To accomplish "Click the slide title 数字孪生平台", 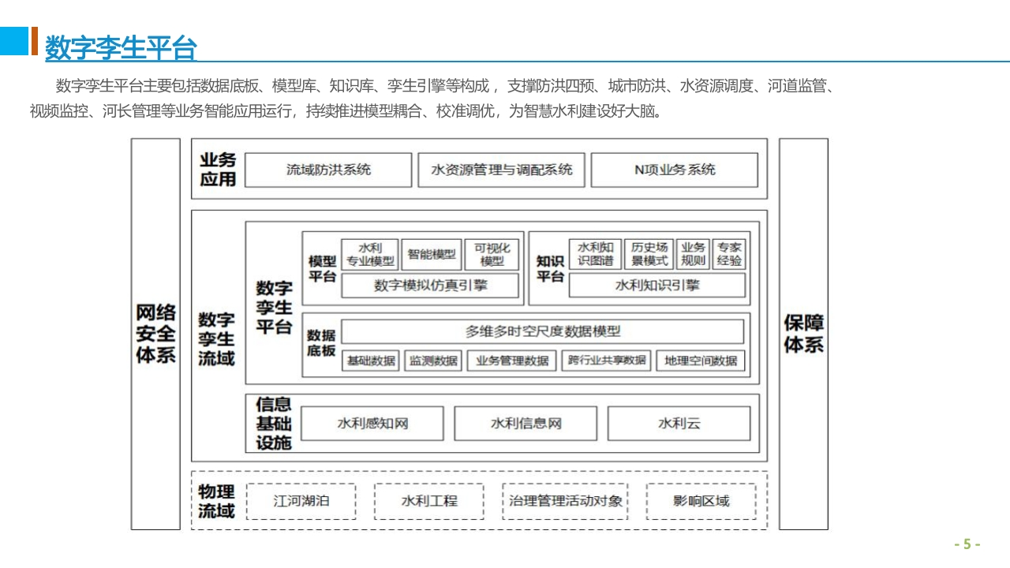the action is (x=121, y=47).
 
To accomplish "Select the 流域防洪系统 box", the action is (x=328, y=170).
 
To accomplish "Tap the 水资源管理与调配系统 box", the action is (x=501, y=170).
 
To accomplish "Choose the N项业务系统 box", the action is (x=675, y=170).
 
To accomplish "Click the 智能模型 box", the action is (x=432, y=254).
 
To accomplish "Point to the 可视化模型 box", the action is (x=492, y=254).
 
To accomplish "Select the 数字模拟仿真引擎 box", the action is (x=430, y=286).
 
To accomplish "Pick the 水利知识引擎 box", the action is (x=657, y=286).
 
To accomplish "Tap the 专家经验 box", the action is (x=729, y=254).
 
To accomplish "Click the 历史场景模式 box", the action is (x=649, y=254).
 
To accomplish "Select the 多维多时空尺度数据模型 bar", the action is (x=542, y=331).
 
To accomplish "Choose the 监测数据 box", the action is (x=433, y=361).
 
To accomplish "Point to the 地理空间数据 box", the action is (x=701, y=361).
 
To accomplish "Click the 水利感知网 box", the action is (x=372, y=424).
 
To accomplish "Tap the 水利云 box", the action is (x=679, y=424).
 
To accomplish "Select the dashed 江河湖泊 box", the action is (x=301, y=501).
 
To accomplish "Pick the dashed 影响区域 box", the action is (x=701, y=501).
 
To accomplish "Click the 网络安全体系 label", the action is (x=155, y=334).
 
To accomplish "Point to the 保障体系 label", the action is (x=803, y=334).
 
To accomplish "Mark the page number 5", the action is (x=967, y=544).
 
